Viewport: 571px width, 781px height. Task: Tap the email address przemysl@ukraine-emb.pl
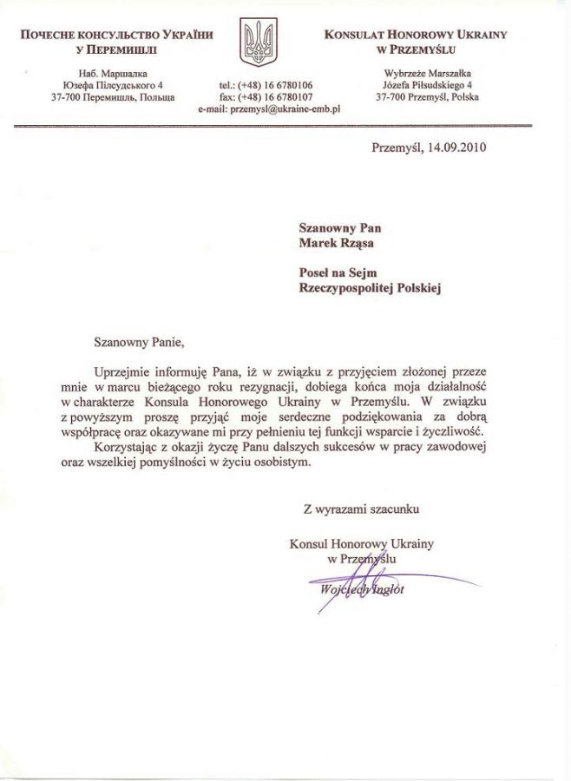pos(268,109)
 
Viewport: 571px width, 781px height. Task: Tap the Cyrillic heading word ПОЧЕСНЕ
pos(52,35)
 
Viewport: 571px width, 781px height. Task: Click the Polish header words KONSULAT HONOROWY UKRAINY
pos(416,35)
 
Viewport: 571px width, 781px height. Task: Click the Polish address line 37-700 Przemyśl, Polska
pos(427,97)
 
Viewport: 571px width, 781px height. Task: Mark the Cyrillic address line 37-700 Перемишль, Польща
pos(114,97)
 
